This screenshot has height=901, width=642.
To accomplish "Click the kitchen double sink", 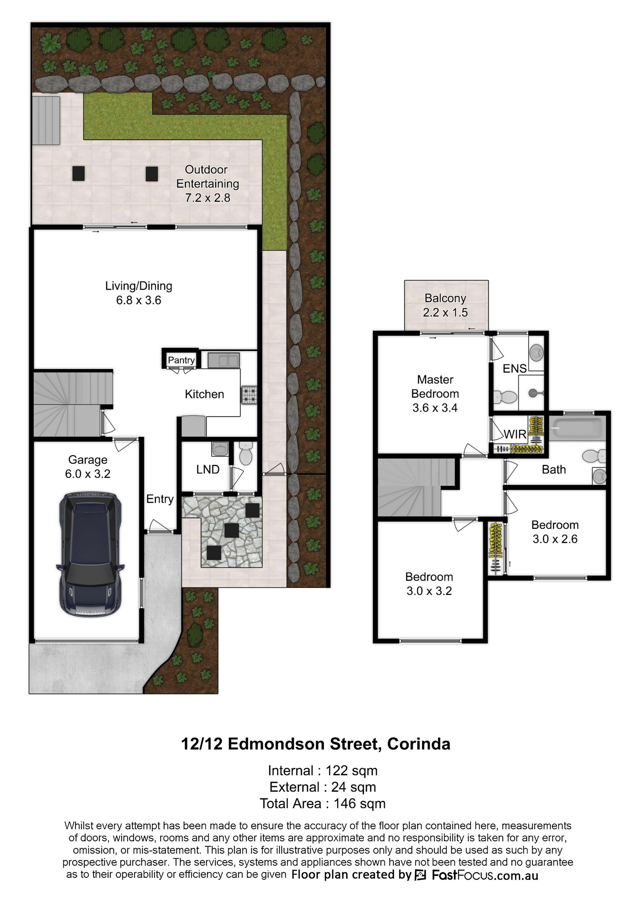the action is coord(224,360).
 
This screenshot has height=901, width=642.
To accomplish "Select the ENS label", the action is coord(514,369).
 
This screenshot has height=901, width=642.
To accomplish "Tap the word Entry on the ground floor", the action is coord(160,499).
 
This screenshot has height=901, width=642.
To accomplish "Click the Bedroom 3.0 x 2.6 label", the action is coord(555,532).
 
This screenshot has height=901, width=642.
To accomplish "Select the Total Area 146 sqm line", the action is coord(323,804).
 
